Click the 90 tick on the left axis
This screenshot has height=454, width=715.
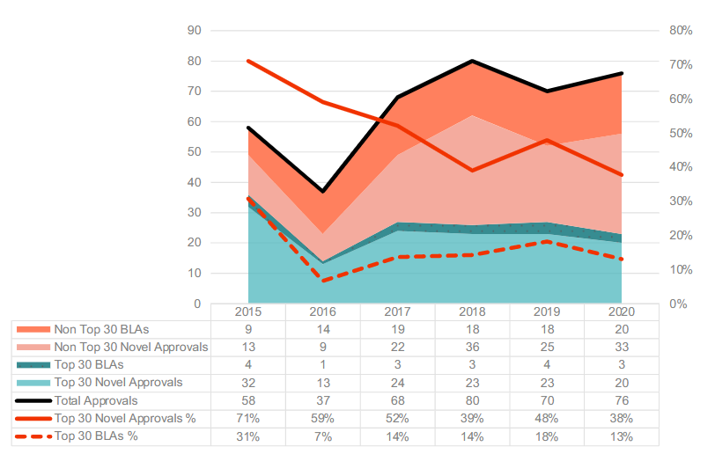click(195, 31)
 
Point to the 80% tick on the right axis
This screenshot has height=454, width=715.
click(680, 31)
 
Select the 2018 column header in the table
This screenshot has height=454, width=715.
click(473, 312)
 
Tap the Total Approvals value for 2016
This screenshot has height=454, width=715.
click(323, 400)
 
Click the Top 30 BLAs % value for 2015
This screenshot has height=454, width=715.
click(248, 436)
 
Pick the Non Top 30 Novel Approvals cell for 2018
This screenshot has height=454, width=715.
click(473, 348)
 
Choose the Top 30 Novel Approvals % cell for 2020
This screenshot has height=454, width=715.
click(622, 418)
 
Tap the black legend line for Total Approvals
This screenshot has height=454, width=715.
click(33, 400)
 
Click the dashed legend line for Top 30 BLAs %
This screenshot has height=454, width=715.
click(33, 436)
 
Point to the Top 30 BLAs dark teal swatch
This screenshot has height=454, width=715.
click(33, 365)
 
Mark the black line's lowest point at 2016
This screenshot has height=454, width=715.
click(323, 191)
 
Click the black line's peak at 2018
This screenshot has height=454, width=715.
click(473, 61)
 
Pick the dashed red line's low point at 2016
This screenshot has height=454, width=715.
click(323, 281)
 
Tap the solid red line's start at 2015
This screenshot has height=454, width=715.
click(248, 61)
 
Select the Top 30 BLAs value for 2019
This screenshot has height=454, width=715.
click(548, 365)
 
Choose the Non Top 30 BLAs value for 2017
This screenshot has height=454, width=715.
click(398, 330)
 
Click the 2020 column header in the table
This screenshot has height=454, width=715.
click(622, 312)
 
